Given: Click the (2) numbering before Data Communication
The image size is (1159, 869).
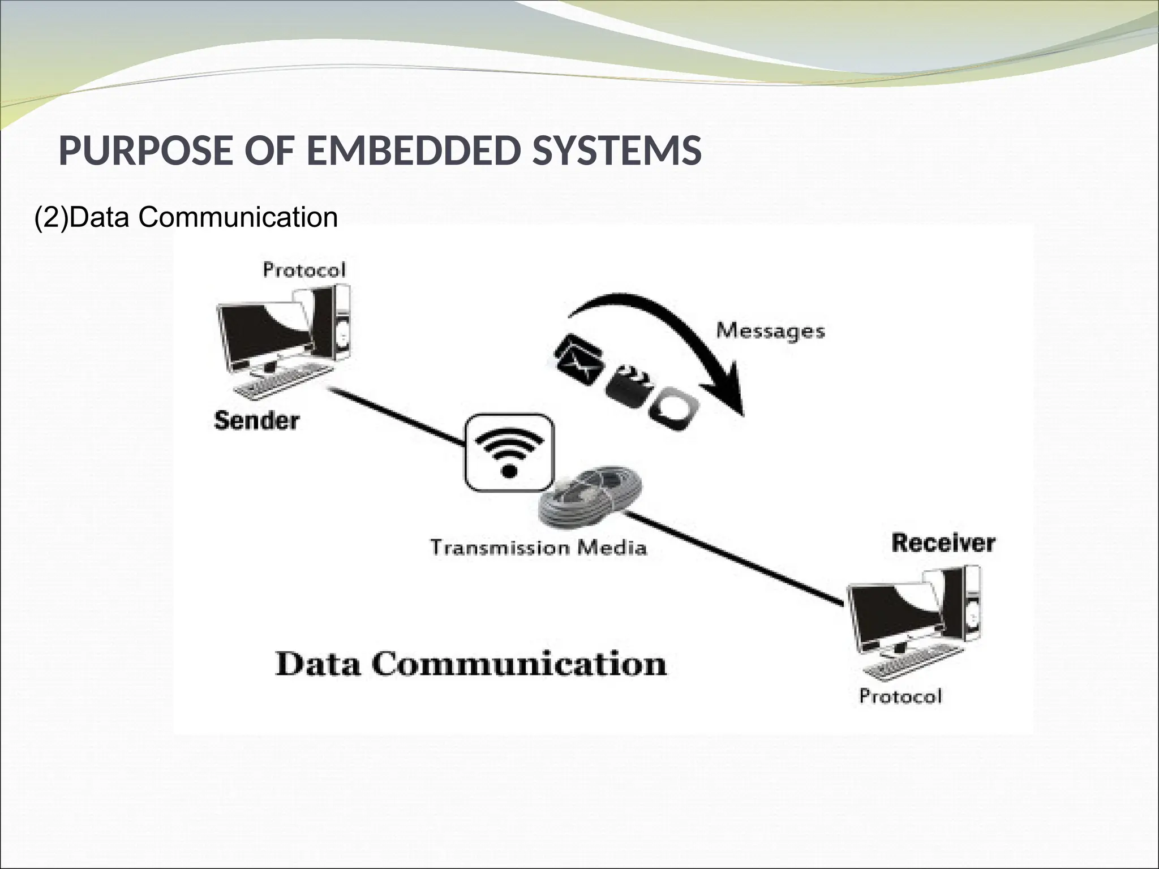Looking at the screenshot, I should [x=51, y=217].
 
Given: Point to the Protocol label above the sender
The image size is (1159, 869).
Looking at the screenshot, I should [x=304, y=270].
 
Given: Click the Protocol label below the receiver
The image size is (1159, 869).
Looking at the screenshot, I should [x=900, y=696].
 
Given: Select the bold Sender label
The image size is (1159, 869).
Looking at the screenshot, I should [x=256, y=420].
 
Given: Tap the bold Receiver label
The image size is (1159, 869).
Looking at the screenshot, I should [x=943, y=543].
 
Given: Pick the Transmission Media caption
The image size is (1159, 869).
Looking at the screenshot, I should [x=538, y=548].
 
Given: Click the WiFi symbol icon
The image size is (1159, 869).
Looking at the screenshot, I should [x=509, y=453].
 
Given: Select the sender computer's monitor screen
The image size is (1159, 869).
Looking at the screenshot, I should [x=266, y=334].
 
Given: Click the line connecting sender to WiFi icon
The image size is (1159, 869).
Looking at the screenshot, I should [x=396, y=416].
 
